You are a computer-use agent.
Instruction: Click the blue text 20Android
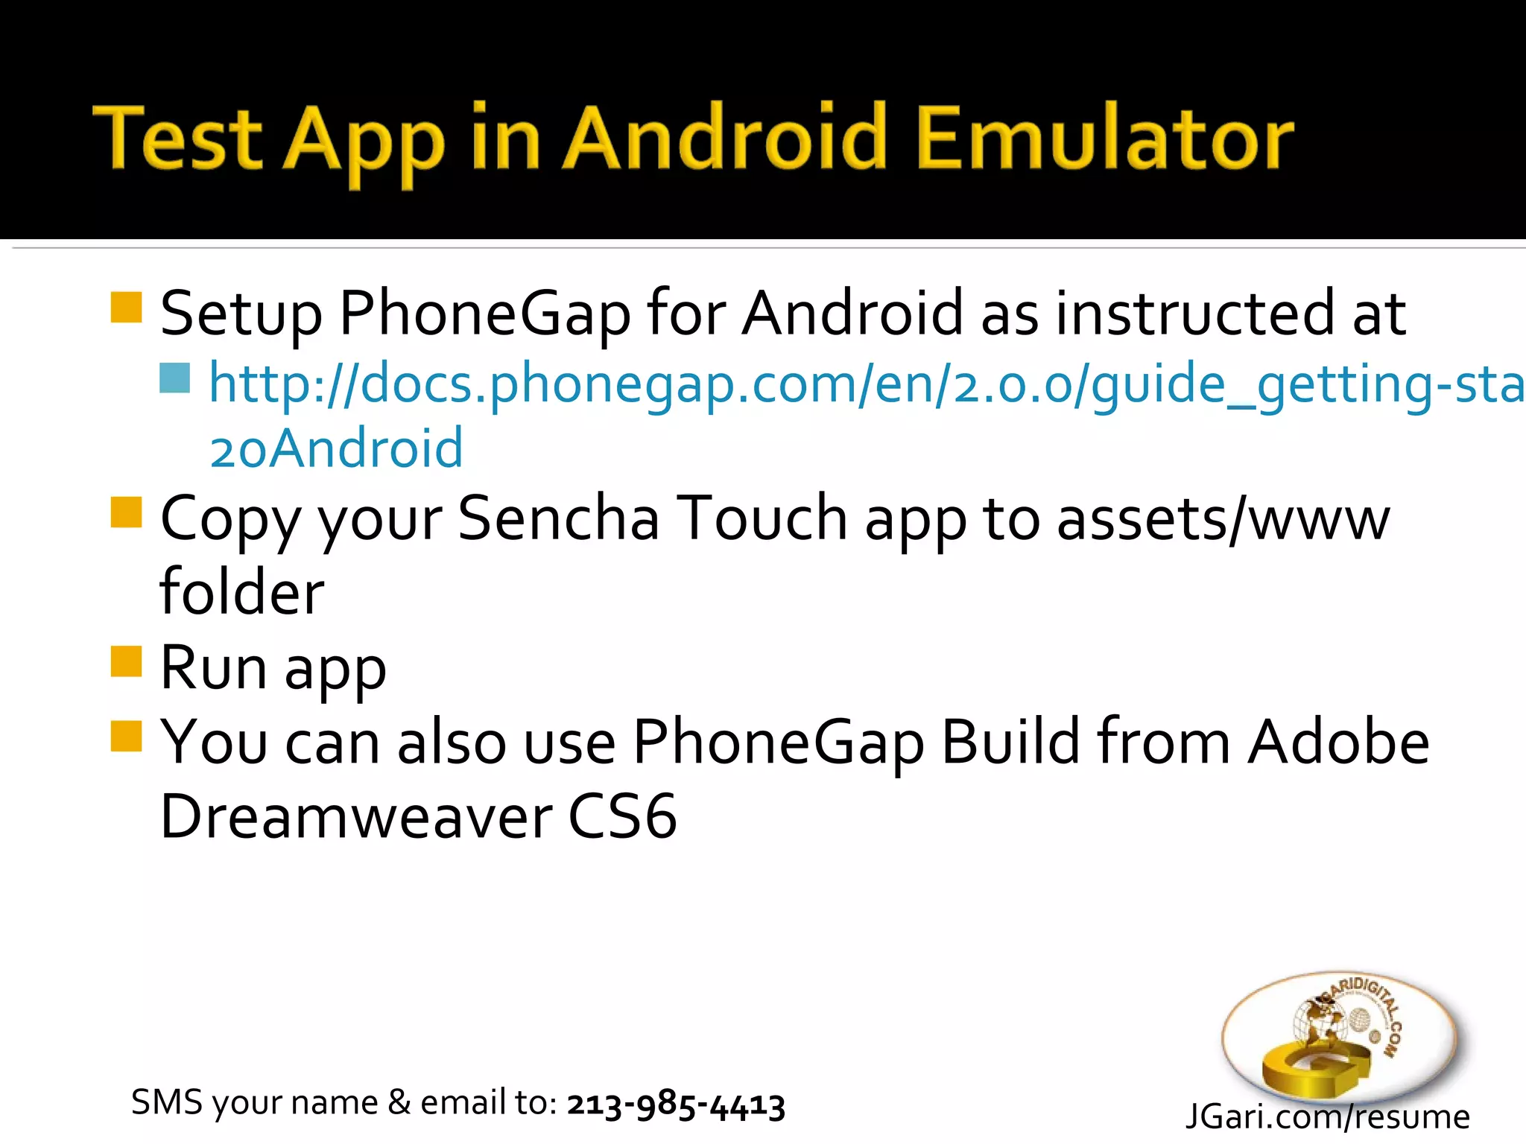337,448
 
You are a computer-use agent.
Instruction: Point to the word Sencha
558,518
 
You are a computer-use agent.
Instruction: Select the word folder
242,592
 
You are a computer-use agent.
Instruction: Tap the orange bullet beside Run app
126,661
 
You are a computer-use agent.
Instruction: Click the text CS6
622,816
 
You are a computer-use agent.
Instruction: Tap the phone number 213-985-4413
676,1104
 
